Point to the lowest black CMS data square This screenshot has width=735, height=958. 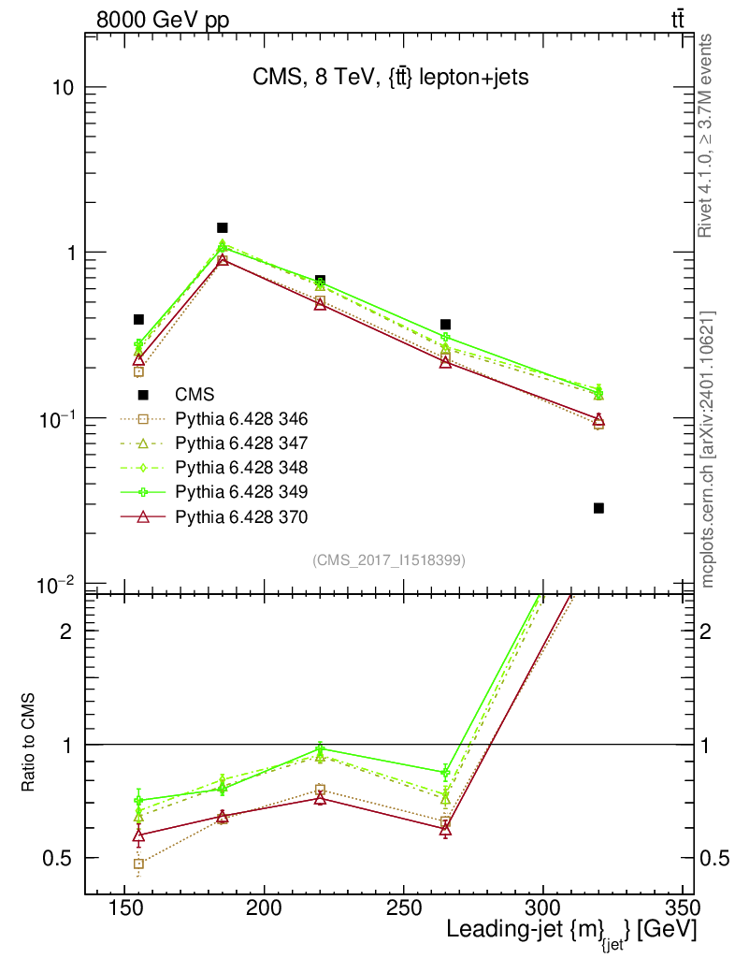tap(598, 508)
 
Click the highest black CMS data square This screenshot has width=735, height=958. tap(223, 227)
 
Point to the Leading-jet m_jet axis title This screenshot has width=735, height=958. tap(570, 931)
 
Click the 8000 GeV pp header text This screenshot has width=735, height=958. tap(163, 20)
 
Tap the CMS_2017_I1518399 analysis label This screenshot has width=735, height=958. tap(388, 559)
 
